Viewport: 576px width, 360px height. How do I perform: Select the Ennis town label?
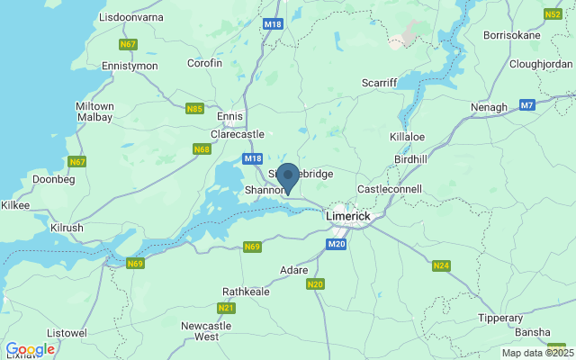click(230, 116)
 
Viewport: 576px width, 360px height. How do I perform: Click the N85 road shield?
click(193, 109)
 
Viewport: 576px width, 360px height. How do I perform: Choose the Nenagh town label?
click(490, 107)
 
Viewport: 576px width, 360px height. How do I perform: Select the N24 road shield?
click(441, 266)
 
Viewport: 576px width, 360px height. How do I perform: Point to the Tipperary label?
click(500, 318)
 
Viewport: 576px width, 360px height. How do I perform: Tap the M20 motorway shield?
click(337, 244)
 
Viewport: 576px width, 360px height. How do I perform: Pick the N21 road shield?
click(224, 307)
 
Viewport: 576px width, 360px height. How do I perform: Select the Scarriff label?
click(379, 82)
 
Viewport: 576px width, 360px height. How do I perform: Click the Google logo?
click(30, 349)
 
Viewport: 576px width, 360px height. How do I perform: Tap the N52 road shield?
click(553, 14)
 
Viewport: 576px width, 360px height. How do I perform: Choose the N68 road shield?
click(202, 148)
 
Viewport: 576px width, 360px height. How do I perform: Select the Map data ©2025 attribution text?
click(538, 353)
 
